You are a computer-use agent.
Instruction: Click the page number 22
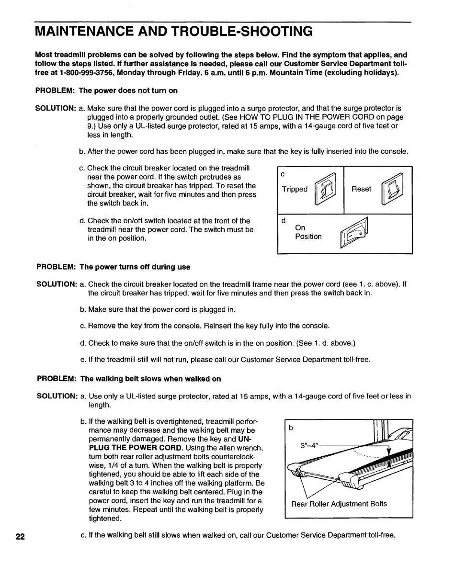(20, 536)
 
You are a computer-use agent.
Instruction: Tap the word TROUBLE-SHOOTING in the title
(249, 32)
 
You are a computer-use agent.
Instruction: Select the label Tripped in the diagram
(295, 189)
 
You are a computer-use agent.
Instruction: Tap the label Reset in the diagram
(361, 189)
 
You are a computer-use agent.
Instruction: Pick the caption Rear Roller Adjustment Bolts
(339, 504)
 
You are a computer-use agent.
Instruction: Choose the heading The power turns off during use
(135, 267)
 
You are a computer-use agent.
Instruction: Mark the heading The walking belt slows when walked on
(150, 379)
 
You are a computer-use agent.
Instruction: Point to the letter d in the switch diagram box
(283, 221)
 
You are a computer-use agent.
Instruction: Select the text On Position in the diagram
(308, 232)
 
